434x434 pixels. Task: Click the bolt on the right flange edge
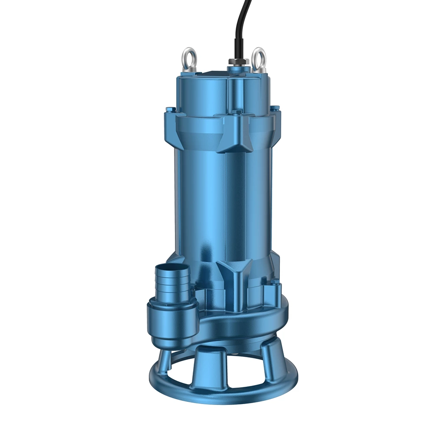(x=275, y=108)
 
